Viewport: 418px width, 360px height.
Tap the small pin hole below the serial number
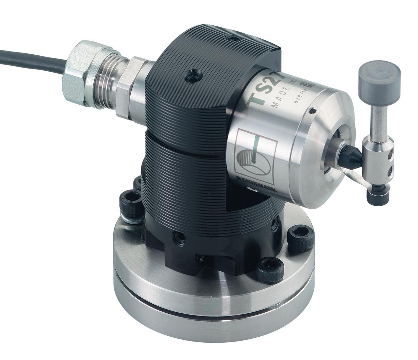[x=312, y=112]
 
